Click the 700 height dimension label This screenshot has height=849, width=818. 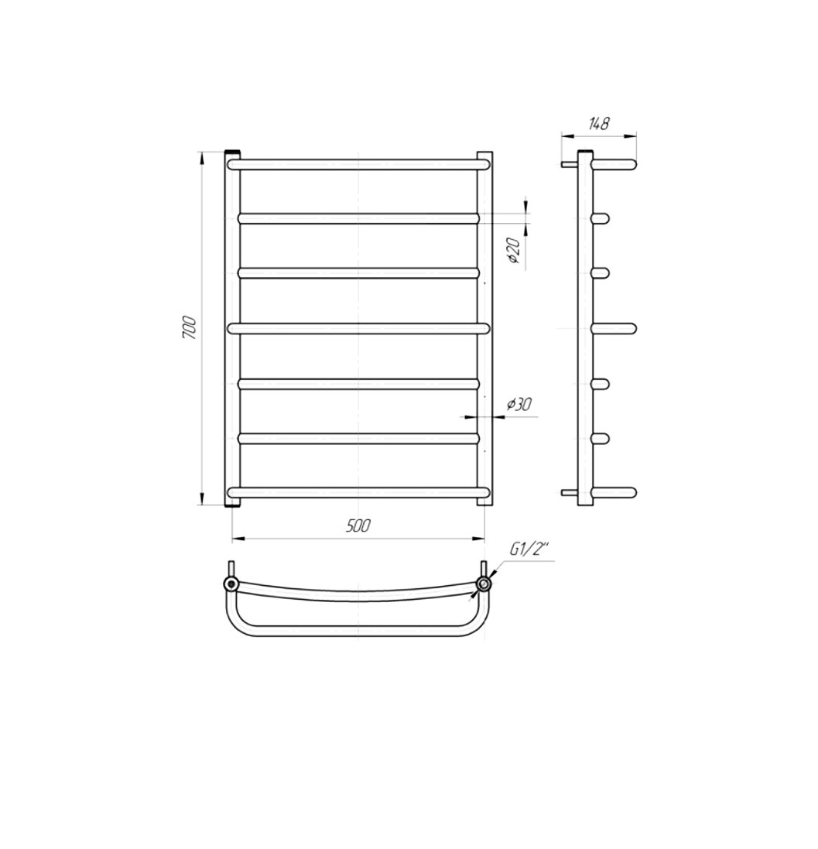pos(190,328)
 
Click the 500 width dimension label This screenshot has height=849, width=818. pos(358,525)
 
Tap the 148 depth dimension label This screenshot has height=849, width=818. pos(599,124)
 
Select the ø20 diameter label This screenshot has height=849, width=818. pos(514,252)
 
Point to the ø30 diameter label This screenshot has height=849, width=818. pos(520,404)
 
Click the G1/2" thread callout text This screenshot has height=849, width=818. pos(529,551)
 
